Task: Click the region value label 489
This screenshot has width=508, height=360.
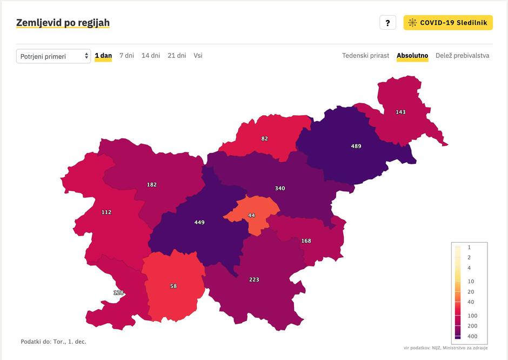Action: coord(356,146)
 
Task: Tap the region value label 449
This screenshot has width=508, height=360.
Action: coord(199,222)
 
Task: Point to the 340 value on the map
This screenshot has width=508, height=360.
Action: coord(279,188)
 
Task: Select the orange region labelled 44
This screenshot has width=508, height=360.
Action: coord(251,215)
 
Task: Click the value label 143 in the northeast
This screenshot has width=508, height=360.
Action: coord(400,112)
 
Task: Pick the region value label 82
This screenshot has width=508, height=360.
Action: coord(264,138)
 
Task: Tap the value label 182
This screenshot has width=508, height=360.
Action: coord(152,184)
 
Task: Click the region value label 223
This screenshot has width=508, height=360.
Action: coord(254,279)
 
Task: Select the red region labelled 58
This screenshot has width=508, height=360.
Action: coord(173,286)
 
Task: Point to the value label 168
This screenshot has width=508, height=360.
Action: coord(306,241)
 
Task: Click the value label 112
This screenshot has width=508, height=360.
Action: coord(106,212)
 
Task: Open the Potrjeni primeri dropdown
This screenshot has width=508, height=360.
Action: coord(54,56)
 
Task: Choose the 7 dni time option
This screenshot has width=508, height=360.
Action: coord(126,56)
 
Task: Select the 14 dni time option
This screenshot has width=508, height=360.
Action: coord(151,56)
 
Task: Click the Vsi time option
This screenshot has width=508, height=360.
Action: coord(198,56)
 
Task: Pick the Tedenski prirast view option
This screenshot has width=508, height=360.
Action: coord(365,56)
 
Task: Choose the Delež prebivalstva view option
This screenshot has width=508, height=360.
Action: coord(462,56)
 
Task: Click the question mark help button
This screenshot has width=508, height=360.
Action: coord(387,23)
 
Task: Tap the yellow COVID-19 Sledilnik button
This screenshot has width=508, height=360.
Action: coord(448,23)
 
